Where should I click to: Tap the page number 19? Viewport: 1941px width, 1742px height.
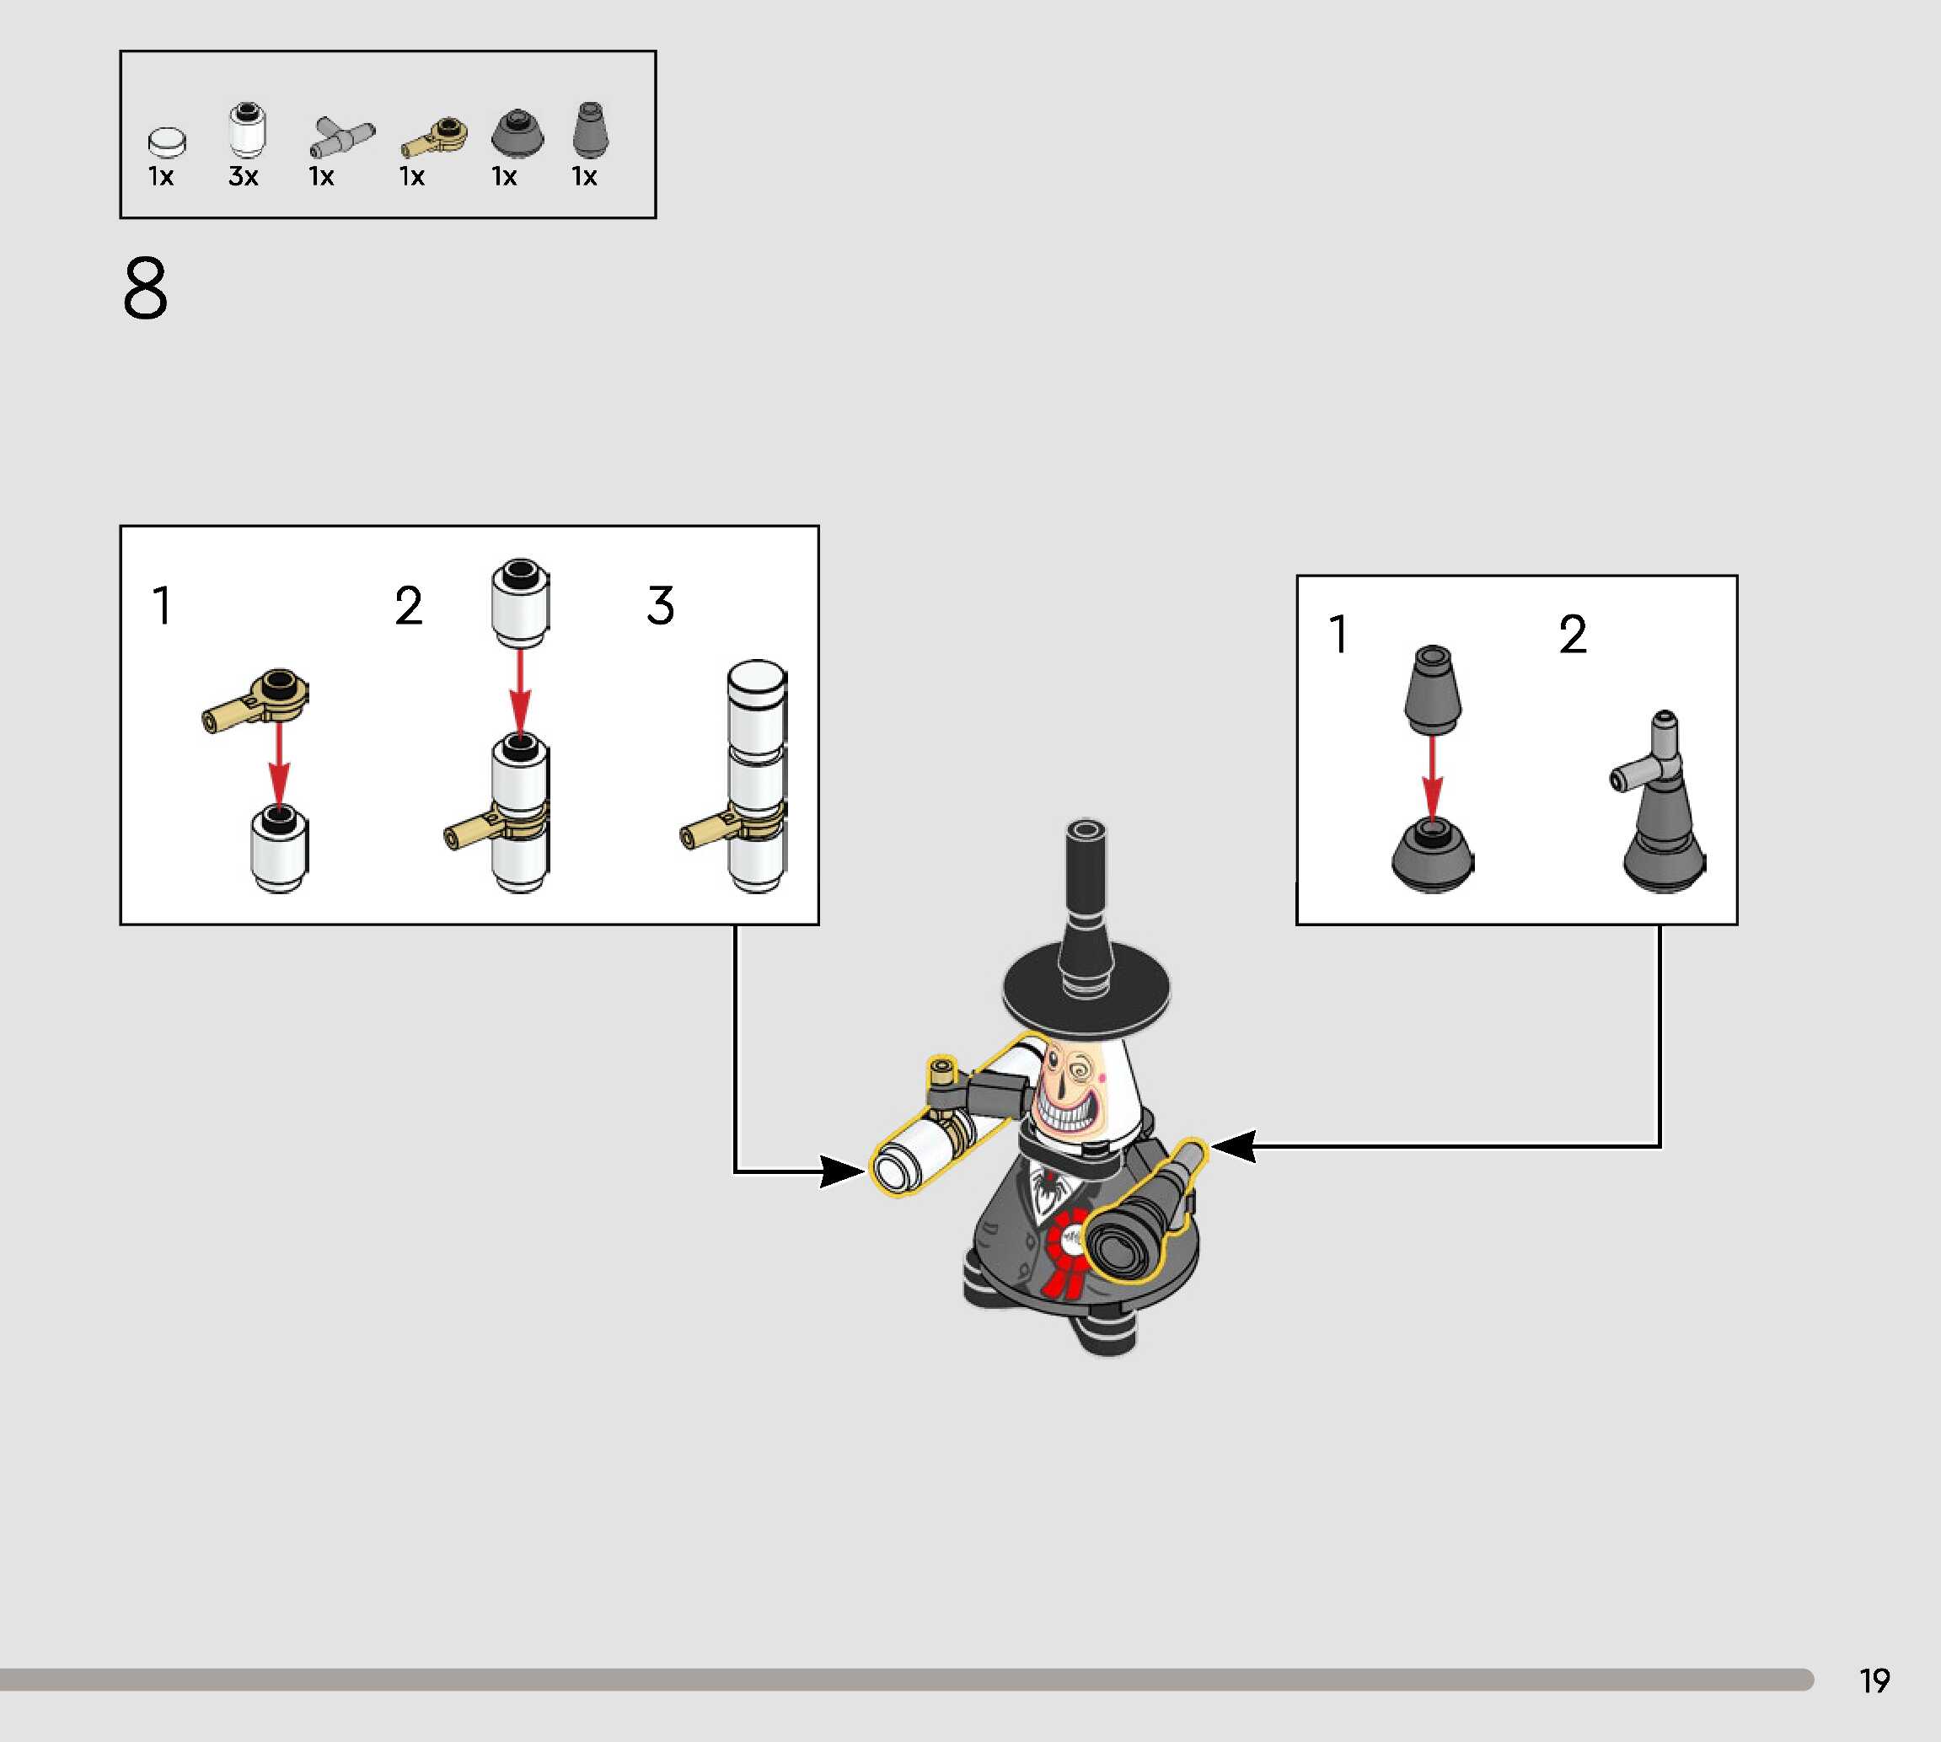click(1874, 1680)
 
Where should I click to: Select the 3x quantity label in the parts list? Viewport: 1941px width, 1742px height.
click(243, 177)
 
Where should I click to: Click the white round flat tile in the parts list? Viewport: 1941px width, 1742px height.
click(167, 142)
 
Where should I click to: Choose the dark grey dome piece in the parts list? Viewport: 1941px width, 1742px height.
click(517, 133)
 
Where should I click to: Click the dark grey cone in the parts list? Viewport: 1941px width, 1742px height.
click(590, 130)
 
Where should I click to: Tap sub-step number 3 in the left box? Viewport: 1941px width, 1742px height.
click(661, 606)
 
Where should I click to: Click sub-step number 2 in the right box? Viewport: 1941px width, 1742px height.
click(1573, 635)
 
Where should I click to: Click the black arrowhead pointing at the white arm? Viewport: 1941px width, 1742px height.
click(842, 1171)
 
